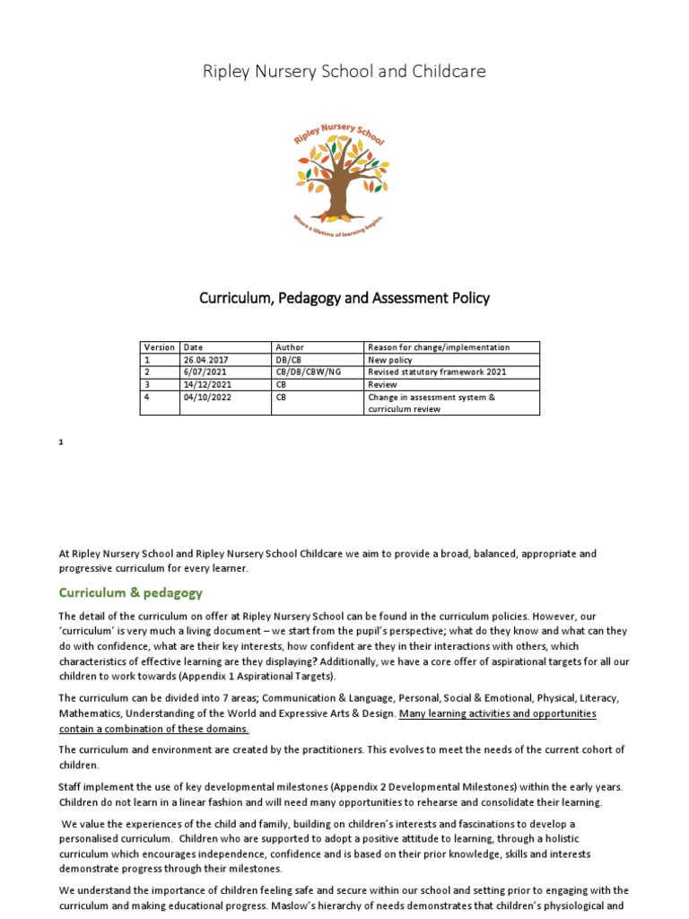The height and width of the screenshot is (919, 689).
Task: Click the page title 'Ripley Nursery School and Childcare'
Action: tap(344, 71)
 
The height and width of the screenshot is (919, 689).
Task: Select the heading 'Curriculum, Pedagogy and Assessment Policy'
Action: tap(344, 298)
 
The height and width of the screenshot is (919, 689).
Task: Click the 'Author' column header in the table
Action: tap(290, 347)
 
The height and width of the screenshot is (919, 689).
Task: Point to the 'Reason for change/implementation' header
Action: tap(439, 347)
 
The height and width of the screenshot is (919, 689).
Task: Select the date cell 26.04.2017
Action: tap(206, 360)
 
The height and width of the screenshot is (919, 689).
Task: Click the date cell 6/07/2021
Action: tap(202, 372)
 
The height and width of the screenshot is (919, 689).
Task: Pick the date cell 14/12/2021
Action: tap(205, 384)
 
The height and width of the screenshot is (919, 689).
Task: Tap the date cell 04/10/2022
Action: tap(205, 397)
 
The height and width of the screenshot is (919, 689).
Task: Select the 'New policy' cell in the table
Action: tap(390, 360)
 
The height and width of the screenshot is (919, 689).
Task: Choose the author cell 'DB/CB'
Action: tap(290, 360)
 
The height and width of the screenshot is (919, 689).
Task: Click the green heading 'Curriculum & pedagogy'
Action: tap(131, 592)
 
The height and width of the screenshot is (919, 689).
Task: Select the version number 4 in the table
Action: tap(147, 397)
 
